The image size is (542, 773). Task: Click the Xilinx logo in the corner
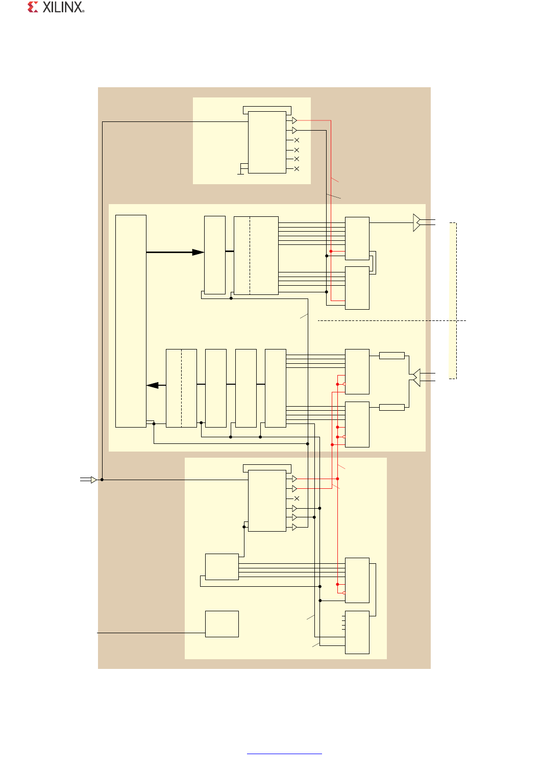click(56, 7)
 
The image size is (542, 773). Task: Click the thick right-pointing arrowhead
click(198, 252)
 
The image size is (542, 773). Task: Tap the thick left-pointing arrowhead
click(153, 385)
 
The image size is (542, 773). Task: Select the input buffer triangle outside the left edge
click(93, 480)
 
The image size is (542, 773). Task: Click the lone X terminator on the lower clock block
click(297, 498)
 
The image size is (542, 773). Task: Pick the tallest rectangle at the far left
click(131, 321)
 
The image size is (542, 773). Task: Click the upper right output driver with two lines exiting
click(417, 222)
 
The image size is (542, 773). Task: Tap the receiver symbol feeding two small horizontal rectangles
click(416, 378)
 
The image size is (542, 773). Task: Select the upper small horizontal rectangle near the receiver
click(392, 356)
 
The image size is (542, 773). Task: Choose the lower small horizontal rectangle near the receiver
click(392, 407)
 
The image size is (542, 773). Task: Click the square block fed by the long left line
click(221, 624)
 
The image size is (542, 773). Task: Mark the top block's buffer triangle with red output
click(294, 120)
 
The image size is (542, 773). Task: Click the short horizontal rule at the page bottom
click(284, 753)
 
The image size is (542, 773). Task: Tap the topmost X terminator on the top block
click(297, 140)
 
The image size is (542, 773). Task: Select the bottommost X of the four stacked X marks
click(297, 169)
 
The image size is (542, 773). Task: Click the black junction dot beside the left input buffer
click(102, 480)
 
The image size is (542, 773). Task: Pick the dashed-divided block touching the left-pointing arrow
click(181, 388)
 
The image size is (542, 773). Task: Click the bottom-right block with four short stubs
click(357, 632)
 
